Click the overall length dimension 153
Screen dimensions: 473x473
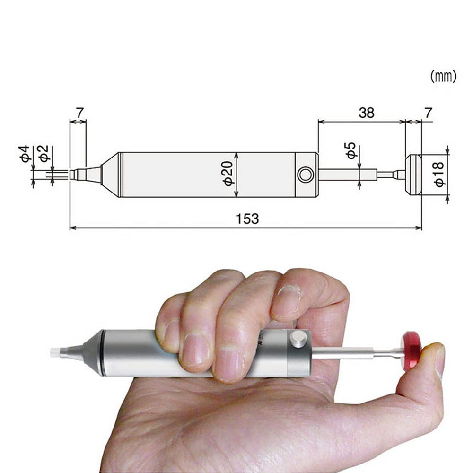(248, 219)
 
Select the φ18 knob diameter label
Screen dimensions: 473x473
(440, 175)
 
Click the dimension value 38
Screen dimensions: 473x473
(366, 113)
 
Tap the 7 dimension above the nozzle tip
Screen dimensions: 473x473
(79, 113)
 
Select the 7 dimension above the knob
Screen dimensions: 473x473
(428, 113)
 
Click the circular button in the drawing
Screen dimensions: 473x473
(306, 175)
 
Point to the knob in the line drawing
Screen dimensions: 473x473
(413, 175)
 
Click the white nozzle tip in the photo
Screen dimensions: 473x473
(55, 352)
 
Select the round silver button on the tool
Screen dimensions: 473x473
(298, 340)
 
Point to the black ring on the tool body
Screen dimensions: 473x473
(100, 353)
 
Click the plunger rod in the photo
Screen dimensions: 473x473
(343, 352)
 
